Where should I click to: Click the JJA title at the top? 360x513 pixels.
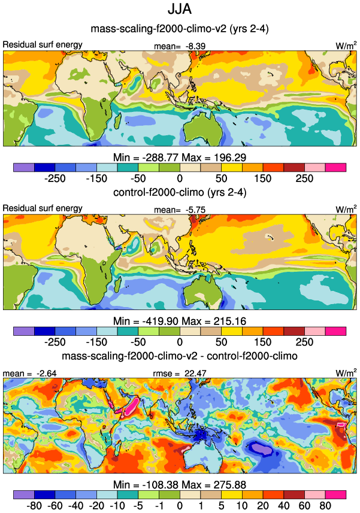[x=180, y=10]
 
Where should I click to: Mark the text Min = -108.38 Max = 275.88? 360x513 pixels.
[x=180, y=485]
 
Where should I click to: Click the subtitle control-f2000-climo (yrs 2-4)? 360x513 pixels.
[x=180, y=193]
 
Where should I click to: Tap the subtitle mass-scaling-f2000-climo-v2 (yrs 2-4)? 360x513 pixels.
[x=180, y=28]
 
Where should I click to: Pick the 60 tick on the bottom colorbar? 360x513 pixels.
[x=304, y=506]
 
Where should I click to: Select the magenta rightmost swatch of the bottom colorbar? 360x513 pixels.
[x=336, y=495]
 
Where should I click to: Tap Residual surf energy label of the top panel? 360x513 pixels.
[x=43, y=45]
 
